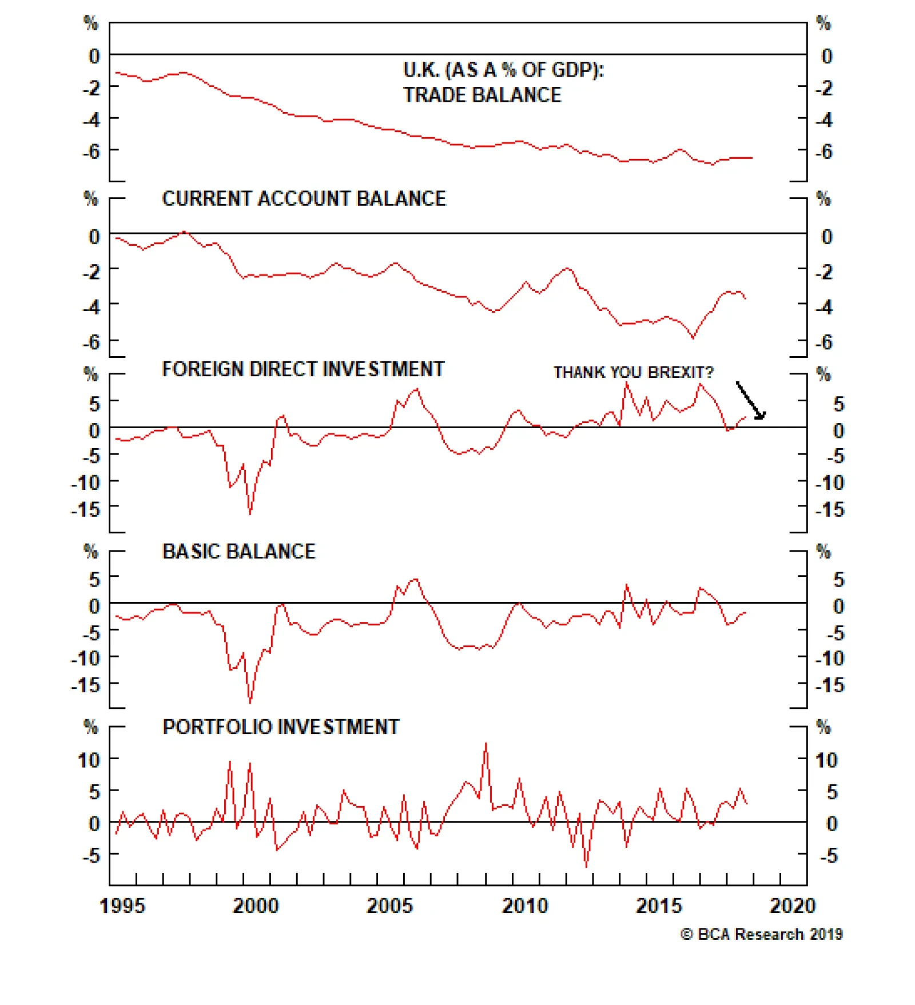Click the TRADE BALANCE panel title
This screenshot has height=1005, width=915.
coord(482,95)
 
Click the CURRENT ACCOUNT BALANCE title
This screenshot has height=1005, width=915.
coord(304,198)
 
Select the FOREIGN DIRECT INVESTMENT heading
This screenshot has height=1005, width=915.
coord(303,369)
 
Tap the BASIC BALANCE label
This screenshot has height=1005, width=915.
coord(239,551)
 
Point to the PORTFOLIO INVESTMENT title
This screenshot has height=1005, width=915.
coord(281,727)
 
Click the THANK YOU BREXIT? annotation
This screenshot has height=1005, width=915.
coord(633,372)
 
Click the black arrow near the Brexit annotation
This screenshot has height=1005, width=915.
coord(750,401)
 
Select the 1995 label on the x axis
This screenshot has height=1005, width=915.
coord(122,906)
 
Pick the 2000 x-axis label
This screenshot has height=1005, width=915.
coord(256,906)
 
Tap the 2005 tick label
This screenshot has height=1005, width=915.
coord(389,906)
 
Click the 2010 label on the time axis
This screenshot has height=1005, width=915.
coord(524,906)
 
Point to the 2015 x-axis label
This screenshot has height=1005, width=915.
coord(659,906)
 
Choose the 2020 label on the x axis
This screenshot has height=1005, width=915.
coord(793,906)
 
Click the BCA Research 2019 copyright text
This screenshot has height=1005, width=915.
coord(761,934)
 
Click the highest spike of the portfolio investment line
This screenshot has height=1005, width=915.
coord(486,744)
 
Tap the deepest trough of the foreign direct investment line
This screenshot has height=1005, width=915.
coord(250,513)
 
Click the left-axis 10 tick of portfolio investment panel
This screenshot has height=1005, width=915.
coord(89,760)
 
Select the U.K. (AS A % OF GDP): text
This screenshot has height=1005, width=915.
coord(503,70)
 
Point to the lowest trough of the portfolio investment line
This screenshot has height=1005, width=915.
coord(586,866)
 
